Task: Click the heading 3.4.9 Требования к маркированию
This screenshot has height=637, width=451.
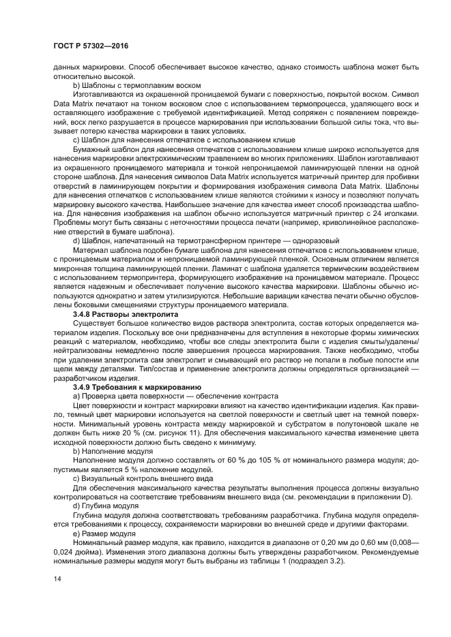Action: (125, 386)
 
